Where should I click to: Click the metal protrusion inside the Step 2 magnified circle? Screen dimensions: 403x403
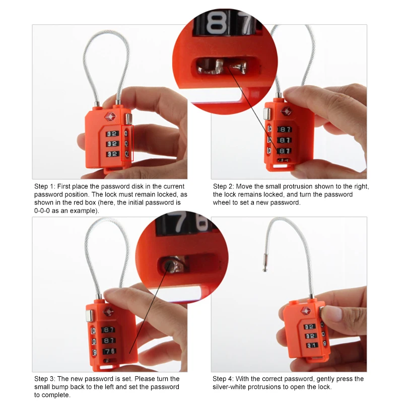pyautogui.click(x=219, y=65)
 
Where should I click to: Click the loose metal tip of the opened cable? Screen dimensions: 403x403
pyautogui.click(x=264, y=263)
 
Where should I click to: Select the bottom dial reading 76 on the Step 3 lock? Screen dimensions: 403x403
pyautogui.click(x=109, y=351)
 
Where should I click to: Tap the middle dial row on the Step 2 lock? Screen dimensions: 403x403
pyautogui.click(x=285, y=140)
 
